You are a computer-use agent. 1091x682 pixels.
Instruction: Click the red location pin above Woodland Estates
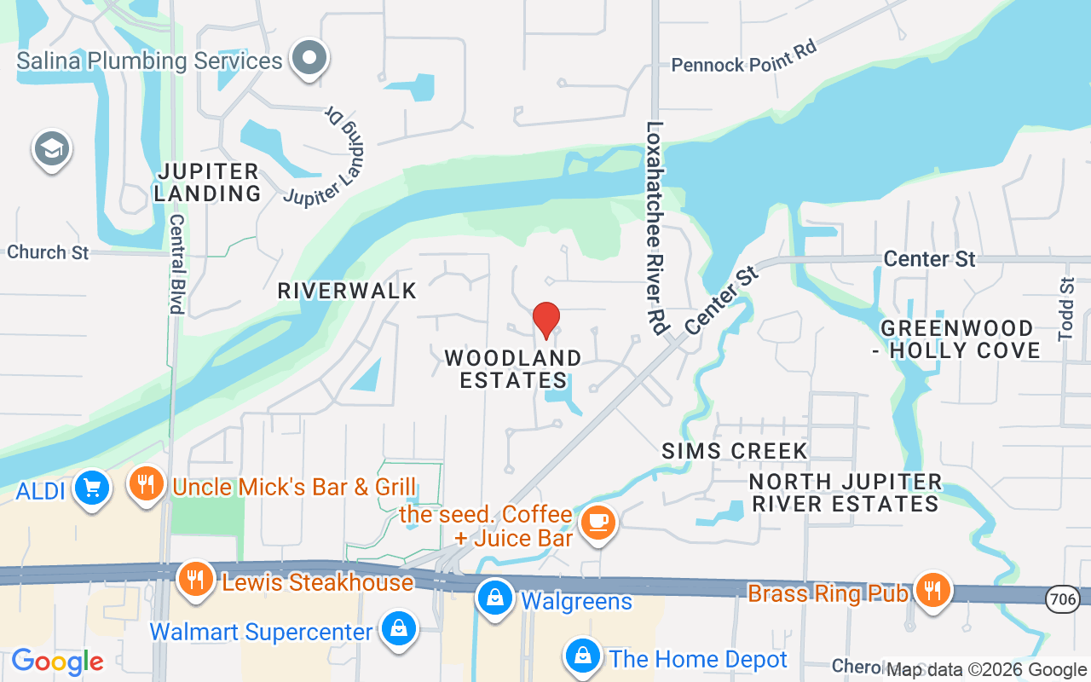(546, 320)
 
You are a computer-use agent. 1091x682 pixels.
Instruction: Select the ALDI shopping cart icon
(91, 488)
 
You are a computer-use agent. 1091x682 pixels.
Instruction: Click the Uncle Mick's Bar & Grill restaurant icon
(147, 484)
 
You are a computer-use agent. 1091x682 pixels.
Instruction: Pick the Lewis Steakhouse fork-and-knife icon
(196, 580)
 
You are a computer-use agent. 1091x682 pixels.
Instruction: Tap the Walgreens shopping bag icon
(494, 598)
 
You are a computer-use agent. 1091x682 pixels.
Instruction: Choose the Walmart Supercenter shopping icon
(397, 629)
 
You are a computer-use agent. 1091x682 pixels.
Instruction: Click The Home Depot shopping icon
(582, 656)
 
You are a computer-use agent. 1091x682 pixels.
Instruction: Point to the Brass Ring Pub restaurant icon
(932, 589)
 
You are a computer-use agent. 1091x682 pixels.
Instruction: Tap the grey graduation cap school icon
(51, 149)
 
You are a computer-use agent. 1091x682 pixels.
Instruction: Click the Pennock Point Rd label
(744, 57)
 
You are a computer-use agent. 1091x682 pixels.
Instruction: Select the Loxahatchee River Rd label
(655, 226)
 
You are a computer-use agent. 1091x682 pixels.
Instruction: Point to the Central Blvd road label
(177, 263)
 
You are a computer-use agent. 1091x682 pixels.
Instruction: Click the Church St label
(48, 252)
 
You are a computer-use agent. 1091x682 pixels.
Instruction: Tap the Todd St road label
(1066, 309)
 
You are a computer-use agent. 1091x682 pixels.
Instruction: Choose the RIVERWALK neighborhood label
(347, 291)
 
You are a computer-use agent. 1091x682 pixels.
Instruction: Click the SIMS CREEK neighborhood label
(735, 451)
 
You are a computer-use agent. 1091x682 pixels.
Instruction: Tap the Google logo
(57, 662)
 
